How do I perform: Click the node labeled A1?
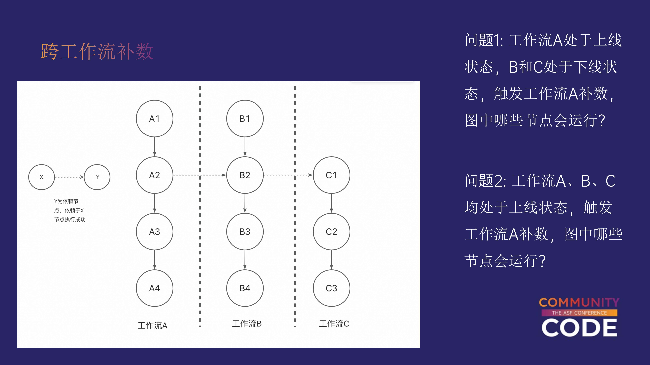click(154, 118)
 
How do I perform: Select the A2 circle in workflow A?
click(154, 175)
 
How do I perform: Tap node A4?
click(154, 288)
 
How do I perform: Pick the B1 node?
click(245, 118)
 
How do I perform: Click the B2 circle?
click(245, 175)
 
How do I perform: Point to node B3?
click(245, 232)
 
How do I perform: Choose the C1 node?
click(331, 175)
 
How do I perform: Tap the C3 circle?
click(331, 288)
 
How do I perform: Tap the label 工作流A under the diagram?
click(152, 325)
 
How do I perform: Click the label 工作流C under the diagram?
click(334, 324)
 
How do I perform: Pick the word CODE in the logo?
click(579, 327)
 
